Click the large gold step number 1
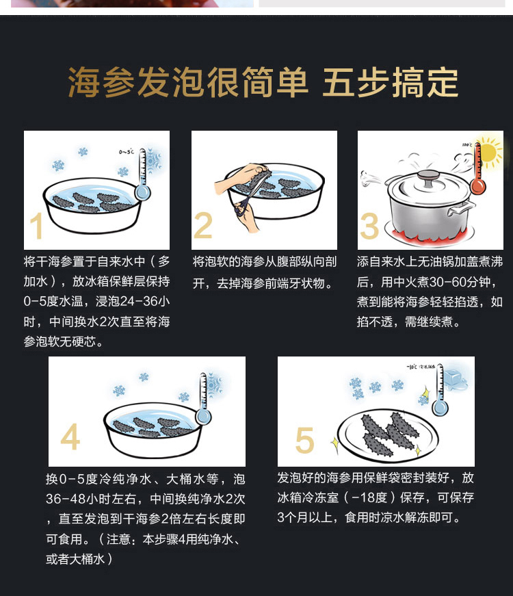tap(36, 226)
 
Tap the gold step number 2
tap(203, 225)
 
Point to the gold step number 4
tap(70, 437)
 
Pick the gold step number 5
tap(305, 440)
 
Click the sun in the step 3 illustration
tap(489, 152)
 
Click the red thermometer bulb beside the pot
tap(478, 187)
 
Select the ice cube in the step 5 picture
tap(456, 378)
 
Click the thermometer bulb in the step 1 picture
tap(142, 192)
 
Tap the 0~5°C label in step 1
tap(126, 152)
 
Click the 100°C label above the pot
tap(467, 145)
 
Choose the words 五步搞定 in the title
tap(391, 82)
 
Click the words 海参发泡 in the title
tap(137, 82)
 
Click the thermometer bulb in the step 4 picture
tap(204, 416)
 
